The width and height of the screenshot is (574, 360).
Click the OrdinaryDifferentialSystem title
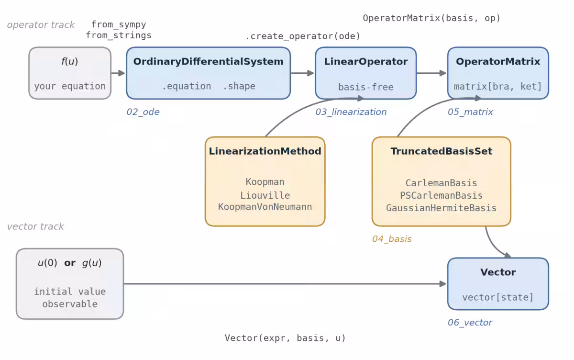(209, 62)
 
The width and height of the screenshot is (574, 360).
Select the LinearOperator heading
(365, 62)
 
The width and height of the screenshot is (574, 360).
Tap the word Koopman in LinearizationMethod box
(265, 182)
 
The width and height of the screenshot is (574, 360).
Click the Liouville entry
(265, 195)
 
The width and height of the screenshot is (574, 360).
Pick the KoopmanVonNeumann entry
(265, 207)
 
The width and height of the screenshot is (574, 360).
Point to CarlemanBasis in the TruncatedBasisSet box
(441, 183)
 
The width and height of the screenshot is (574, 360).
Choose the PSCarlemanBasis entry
(441, 196)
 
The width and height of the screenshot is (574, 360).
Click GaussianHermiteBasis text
(441, 208)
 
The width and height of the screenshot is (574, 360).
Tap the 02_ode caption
(143, 112)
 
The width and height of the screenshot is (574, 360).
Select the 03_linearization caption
(351, 112)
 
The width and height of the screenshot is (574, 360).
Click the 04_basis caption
(392, 239)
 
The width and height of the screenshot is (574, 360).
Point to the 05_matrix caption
(470, 112)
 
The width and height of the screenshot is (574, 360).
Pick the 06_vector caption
(470, 323)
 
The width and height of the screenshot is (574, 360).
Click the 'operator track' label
(41, 25)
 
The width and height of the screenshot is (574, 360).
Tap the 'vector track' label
(35, 226)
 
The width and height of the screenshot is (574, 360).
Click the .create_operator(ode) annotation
(303, 36)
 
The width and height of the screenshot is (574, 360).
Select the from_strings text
(119, 35)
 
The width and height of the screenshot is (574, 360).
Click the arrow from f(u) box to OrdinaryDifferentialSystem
(118, 73)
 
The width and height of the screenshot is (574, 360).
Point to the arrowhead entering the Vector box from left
(443, 284)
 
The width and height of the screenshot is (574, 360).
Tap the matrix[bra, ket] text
(498, 87)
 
